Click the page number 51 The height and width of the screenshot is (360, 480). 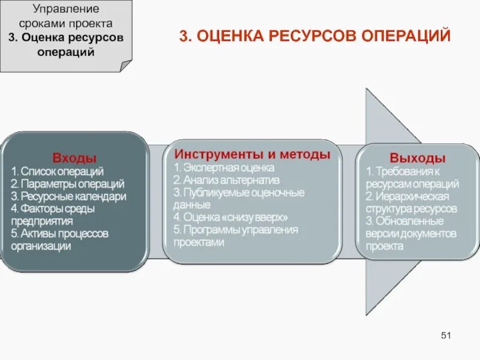coord(446,334)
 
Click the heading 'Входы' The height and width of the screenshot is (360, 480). coord(74,158)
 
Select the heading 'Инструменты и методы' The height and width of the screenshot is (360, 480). coord(252,154)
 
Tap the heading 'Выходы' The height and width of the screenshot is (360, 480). coord(418,158)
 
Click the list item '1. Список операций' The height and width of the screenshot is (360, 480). coord(57,172)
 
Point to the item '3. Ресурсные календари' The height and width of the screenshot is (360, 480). coord(68,196)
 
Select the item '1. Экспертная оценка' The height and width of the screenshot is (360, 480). coord(224,168)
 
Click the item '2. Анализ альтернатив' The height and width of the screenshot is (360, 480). coord(226,180)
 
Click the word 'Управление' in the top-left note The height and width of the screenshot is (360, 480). coord(66,11)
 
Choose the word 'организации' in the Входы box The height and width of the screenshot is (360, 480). coord(41,245)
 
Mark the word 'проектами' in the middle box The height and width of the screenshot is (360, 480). coord(199,242)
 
